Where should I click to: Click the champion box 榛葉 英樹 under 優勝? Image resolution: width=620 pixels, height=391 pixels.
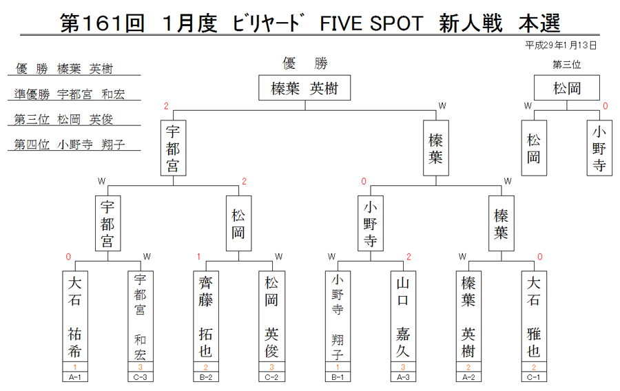pyautogui.click(x=304, y=87)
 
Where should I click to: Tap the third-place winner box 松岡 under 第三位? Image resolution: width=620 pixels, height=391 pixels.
pyautogui.click(x=567, y=87)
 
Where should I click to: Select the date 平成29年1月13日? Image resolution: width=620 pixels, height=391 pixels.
pyautogui.click(x=561, y=45)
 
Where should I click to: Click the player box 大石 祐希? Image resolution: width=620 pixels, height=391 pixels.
pyautogui.click(x=74, y=316)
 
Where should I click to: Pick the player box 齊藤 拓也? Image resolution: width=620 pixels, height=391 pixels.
pyautogui.click(x=205, y=316)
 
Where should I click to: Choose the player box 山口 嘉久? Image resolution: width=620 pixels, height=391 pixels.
pyautogui.click(x=403, y=316)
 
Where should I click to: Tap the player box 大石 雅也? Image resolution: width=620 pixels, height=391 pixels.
pyautogui.click(x=534, y=316)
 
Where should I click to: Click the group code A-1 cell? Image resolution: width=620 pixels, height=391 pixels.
pyautogui.click(x=74, y=377)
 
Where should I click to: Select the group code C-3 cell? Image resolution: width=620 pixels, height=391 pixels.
pyautogui.click(x=141, y=377)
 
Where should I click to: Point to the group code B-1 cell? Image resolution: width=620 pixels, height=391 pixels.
pyautogui.click(x=338, y=377)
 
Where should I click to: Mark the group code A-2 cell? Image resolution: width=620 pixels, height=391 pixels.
pyautogui.click(x=468, y=377)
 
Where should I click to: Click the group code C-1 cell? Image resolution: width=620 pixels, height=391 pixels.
pyautogui.click(x=534, y=377)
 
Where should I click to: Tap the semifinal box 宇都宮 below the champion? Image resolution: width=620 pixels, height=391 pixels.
pyautogui.click(x=173, y=148)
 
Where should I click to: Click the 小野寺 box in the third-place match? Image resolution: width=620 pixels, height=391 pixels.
pyautogui.click(x=599, y=148)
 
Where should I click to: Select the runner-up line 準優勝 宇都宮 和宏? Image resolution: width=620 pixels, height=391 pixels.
pyautogui.click(x=70, y=94)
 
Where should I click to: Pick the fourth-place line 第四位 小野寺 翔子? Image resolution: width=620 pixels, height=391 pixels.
pyautogui.click(x=70, y=144)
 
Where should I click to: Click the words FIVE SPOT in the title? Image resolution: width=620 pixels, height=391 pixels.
pyautogui.click(x=372, y=23)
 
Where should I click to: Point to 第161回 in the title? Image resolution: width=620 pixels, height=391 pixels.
pyautogui.click(x=102, y=23)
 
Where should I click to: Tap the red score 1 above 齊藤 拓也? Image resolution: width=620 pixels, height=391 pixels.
pyautogui.click(x=199, y=257)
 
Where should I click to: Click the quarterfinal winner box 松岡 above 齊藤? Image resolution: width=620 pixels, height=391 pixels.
pyautogui.click(x=238, y=223)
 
